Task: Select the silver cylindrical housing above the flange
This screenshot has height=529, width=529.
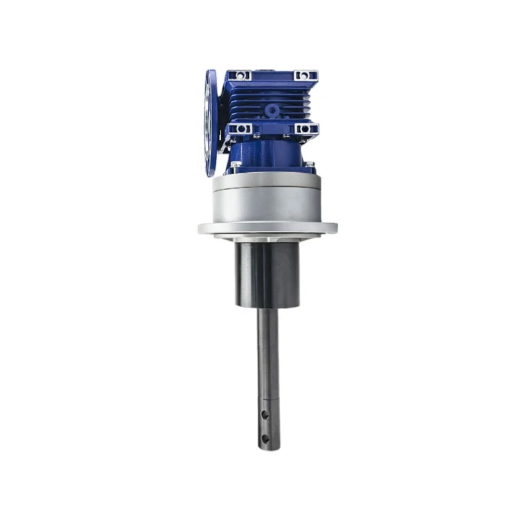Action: [x=268, y=202]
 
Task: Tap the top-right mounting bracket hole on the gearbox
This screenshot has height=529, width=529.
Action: [x=304, y=75]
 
